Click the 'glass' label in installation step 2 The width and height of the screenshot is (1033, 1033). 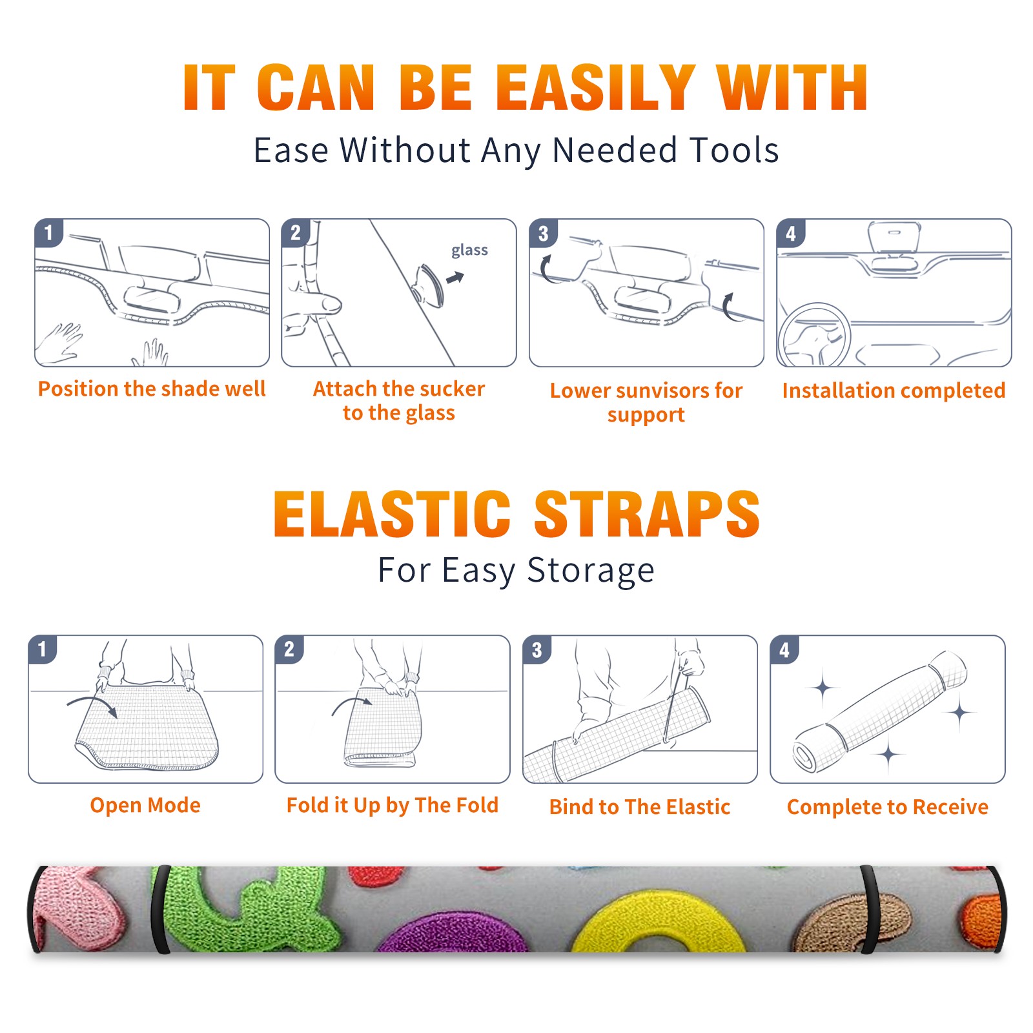469,251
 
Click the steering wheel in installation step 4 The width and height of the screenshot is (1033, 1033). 813,336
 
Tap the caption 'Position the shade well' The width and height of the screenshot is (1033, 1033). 152,389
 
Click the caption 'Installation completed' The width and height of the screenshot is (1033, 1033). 894,391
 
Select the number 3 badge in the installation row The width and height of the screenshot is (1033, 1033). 543,234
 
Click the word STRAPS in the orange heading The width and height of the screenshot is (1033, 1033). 647,514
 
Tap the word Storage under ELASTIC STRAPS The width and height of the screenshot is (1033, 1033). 591,571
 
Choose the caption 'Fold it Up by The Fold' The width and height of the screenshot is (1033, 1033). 393,805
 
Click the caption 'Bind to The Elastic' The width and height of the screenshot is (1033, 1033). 640,807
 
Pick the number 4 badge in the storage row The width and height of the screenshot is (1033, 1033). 784,650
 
